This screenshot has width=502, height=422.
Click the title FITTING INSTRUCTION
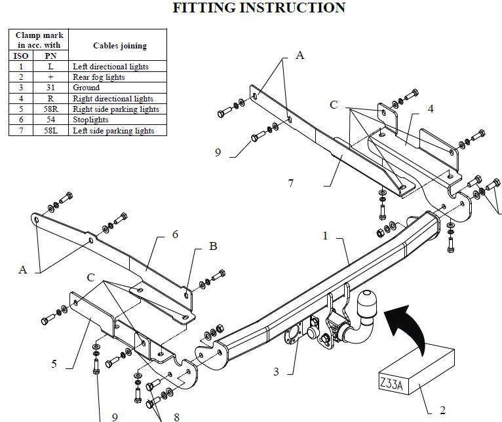(x=259, y=8)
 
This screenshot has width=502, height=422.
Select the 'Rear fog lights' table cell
(x=117, y=77)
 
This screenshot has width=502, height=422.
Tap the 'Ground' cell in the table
(x=117, y=88)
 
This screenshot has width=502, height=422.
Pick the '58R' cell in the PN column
(x=50, y=109)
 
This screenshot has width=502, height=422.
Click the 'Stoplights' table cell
(x=117, y=120)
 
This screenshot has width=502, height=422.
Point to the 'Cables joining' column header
(x=120, y=46)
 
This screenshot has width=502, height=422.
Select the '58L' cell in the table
(x=50, y=130)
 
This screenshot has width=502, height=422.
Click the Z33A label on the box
(x=391, y=383)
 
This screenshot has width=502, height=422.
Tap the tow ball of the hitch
(x=367, y=302)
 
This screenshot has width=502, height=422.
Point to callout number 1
(x=325, y=236)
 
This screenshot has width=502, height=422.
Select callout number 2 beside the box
(x=442, y=410)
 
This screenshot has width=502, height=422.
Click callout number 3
(x=276, y=372)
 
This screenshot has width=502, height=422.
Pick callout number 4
(x=431, y=109)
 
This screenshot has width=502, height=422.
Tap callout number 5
(x=54, y=364)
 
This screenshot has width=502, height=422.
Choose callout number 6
(x=175, y=234)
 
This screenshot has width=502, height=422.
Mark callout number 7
(x=290, y=183)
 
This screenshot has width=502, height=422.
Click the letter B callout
(x=213, y=246)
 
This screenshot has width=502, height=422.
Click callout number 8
(x=176, y=417)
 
